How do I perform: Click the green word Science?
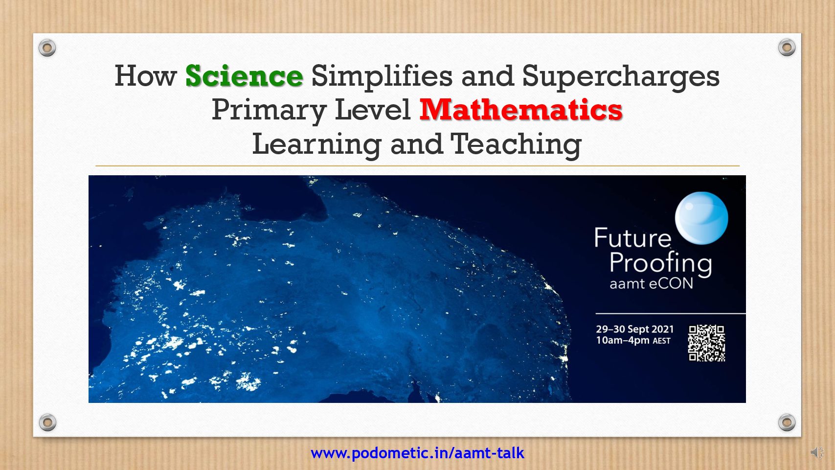[244, 76]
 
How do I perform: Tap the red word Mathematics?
[521, 110]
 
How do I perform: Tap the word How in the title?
[145, 76]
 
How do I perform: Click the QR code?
[707, 343]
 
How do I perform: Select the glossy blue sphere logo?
[701, 218]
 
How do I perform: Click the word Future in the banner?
[632, 237]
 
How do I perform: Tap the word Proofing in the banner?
[660, 264]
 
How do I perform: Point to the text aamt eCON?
[651, 284]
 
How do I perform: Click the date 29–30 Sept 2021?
[635, 329]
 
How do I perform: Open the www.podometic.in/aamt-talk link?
[418, 453]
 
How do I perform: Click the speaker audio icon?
[817, 452]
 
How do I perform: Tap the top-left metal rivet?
[47, 48]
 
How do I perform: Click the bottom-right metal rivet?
[787, 422]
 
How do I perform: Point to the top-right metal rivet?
[787, 47]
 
